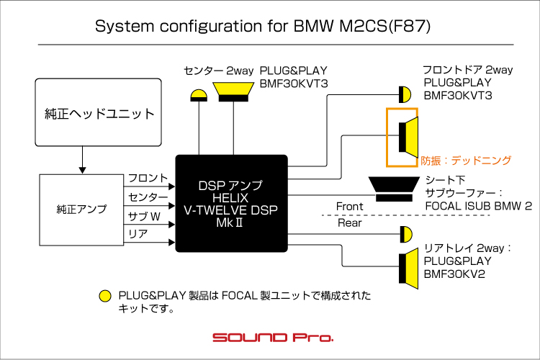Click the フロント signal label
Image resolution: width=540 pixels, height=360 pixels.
pyautogui.click(x=148, y=179)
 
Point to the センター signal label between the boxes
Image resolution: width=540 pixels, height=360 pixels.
pyautogui.click(x=148, y=197)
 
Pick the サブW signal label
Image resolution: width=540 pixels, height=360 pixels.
pyautogui.click(x=144, y=216)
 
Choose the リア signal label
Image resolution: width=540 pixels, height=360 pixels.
pyautogui.click(x=138, y=235)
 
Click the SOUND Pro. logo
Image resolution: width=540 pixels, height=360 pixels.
pyautogui.click(x=273, y=337)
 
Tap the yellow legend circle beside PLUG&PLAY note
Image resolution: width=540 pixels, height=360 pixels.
pyautogui.click(x=105, y=296)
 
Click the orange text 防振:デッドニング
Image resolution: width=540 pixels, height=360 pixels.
pyautogui.click(x=466, y=161)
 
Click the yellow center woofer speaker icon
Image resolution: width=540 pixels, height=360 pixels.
pyautogui.click(x=232, y=91)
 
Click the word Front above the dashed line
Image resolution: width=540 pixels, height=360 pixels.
pyautogui.click(x=350, y=207)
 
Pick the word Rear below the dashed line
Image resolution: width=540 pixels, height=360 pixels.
pyautogui.click(x=349, y=223)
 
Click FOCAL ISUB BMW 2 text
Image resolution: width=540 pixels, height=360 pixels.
pyautogui.click(x=478, y=206)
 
